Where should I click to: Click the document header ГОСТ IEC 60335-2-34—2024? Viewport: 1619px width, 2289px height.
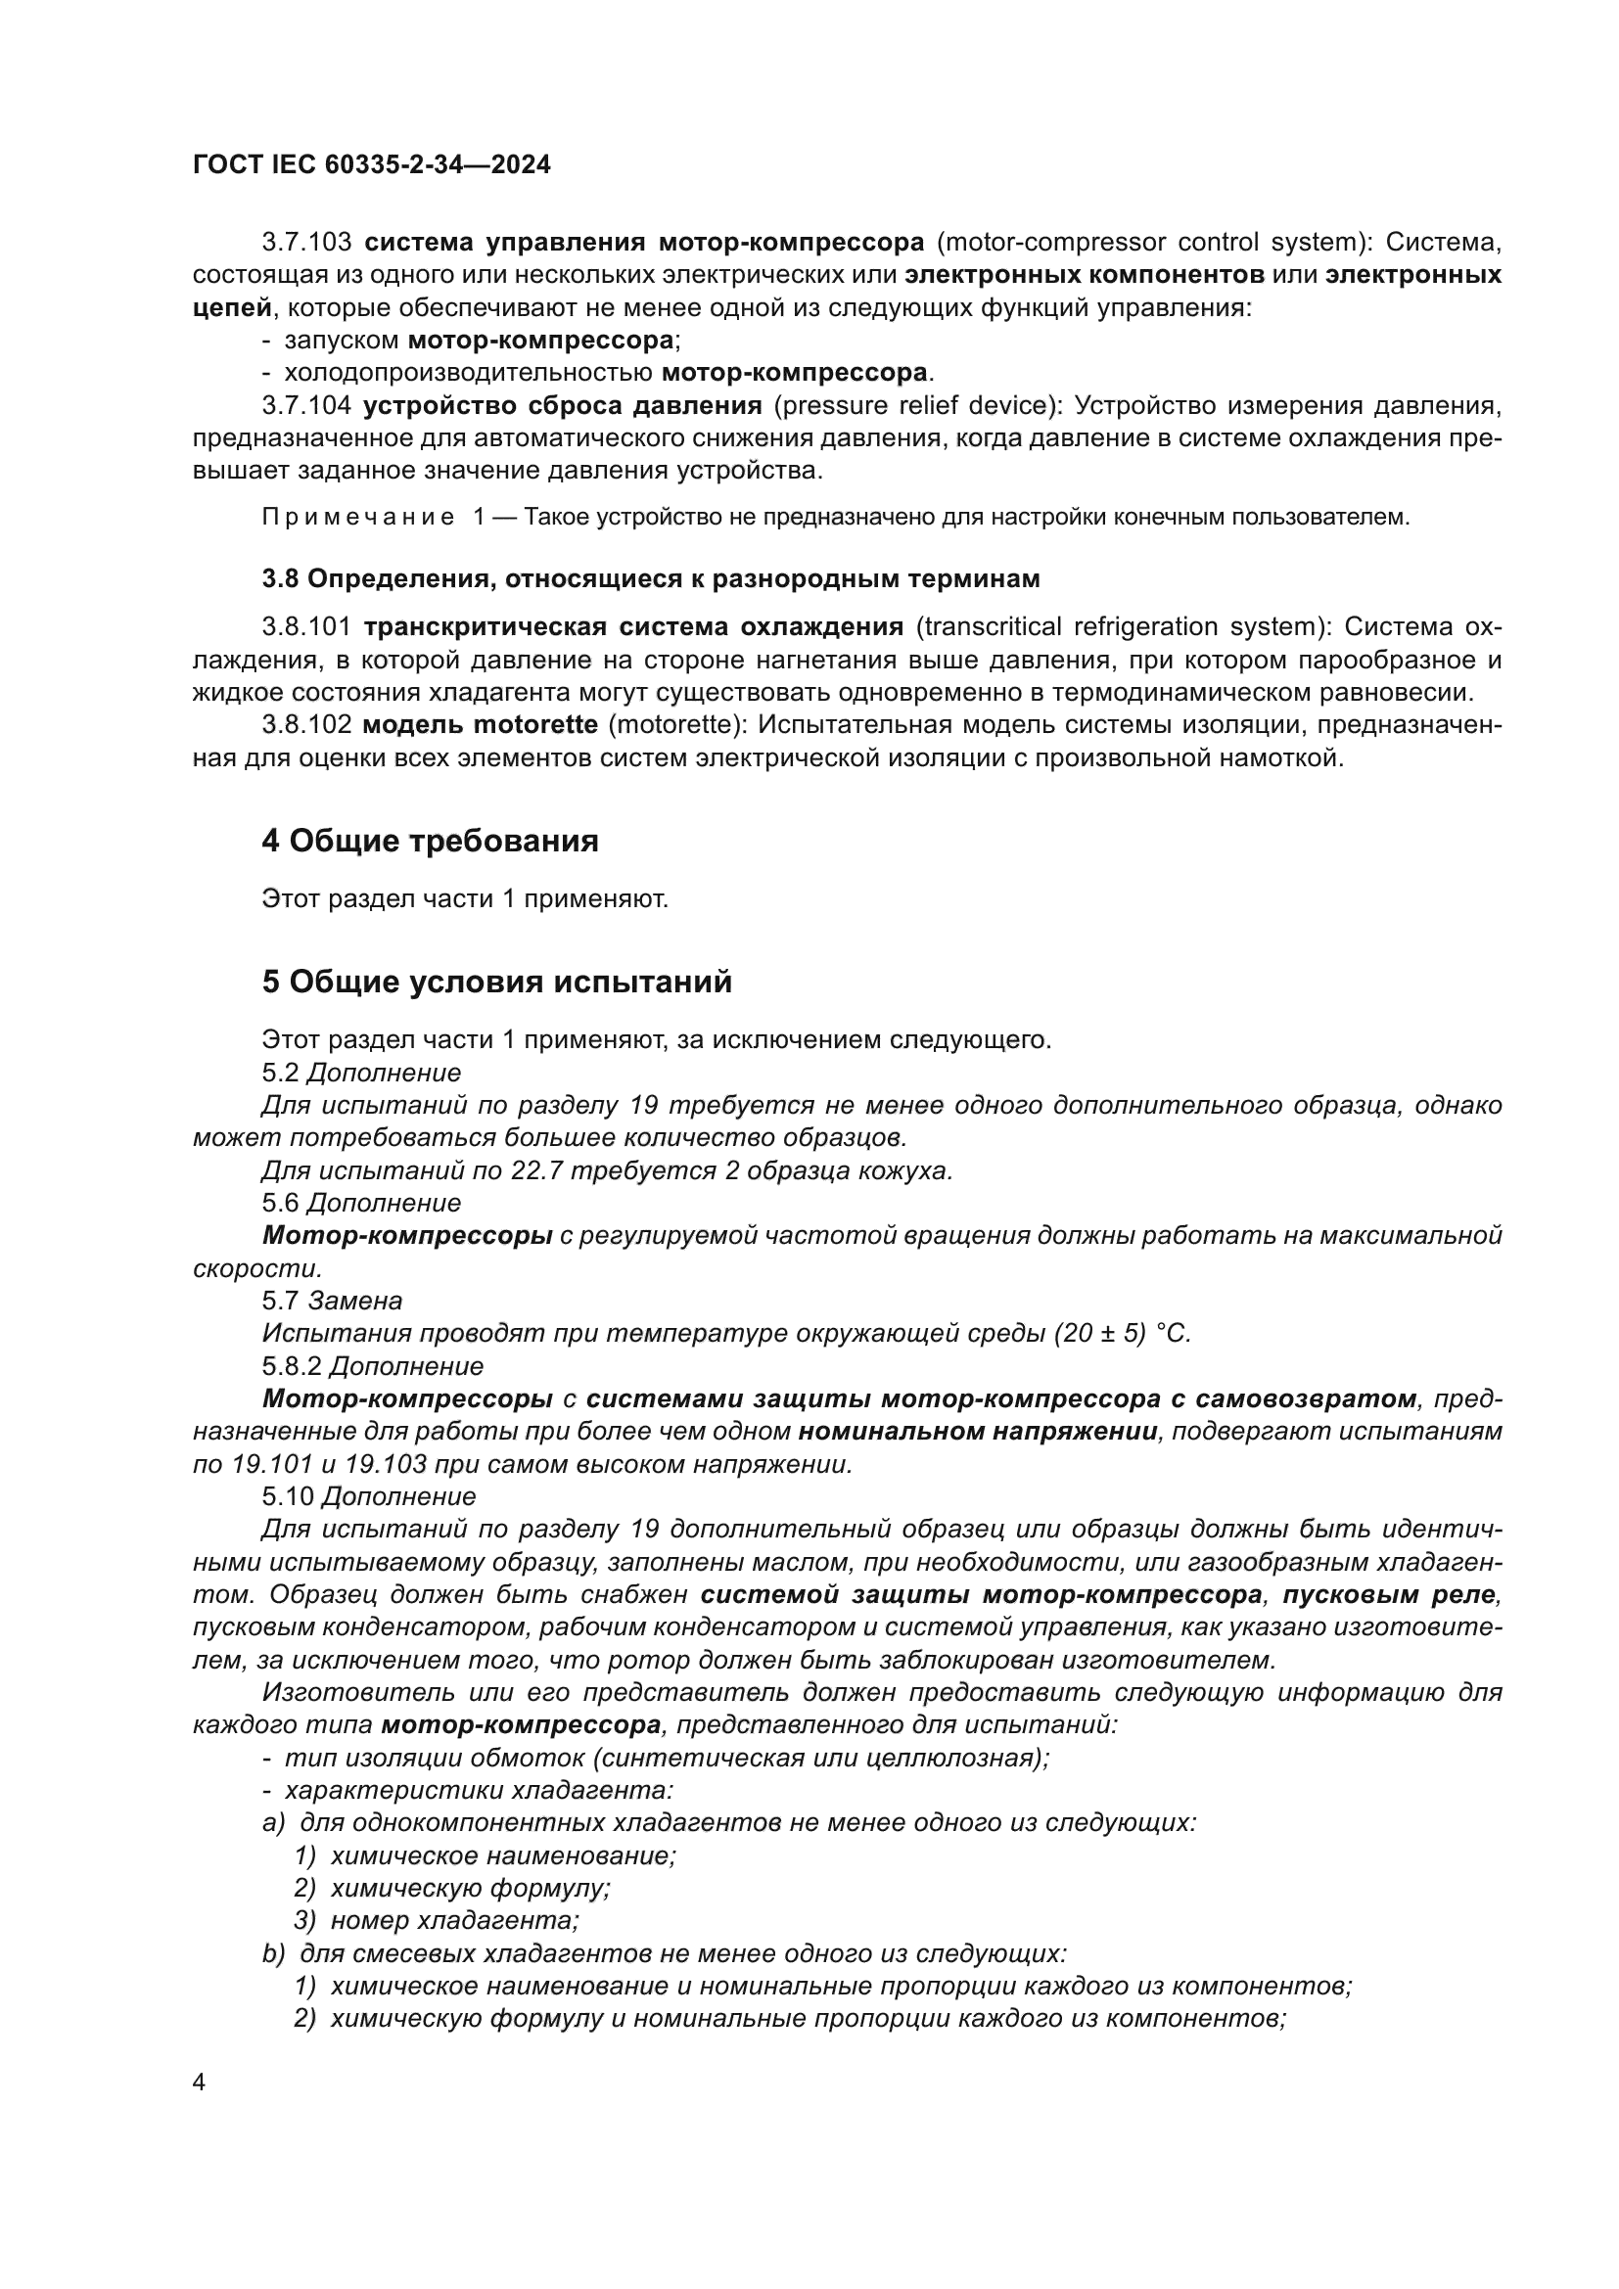pyautogui.click(x=371, y=164)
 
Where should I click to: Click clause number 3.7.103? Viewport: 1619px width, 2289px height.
pyautogui.click(x=306, y=243)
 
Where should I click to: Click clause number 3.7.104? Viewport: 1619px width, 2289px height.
pyautogui.click(x=306, y=406)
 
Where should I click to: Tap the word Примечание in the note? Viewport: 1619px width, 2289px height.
pyautogui.click(x=358, y=518)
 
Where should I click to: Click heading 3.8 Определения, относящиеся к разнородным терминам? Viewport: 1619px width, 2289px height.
pyautogui.click(x=650, y=578)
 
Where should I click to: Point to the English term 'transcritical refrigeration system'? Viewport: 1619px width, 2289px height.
pyautogui.click(x=1123, y=627)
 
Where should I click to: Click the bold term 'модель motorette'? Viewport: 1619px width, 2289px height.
pyautogui.click(x=481, y=725)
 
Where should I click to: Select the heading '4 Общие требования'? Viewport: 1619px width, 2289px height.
pyautogui.click(x=430, y=842)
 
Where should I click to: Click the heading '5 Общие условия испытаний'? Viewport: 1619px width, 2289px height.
pyautogui.click(x=496, y=982)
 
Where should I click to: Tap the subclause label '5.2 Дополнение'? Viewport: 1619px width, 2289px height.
pyautogui.click(x=361, y=1073)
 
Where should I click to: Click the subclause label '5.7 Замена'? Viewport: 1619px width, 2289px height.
pyautogui.click(x=332, y=1301)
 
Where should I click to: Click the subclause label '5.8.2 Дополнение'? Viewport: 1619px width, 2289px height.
pyautogui.click(x=373, y=1366)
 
